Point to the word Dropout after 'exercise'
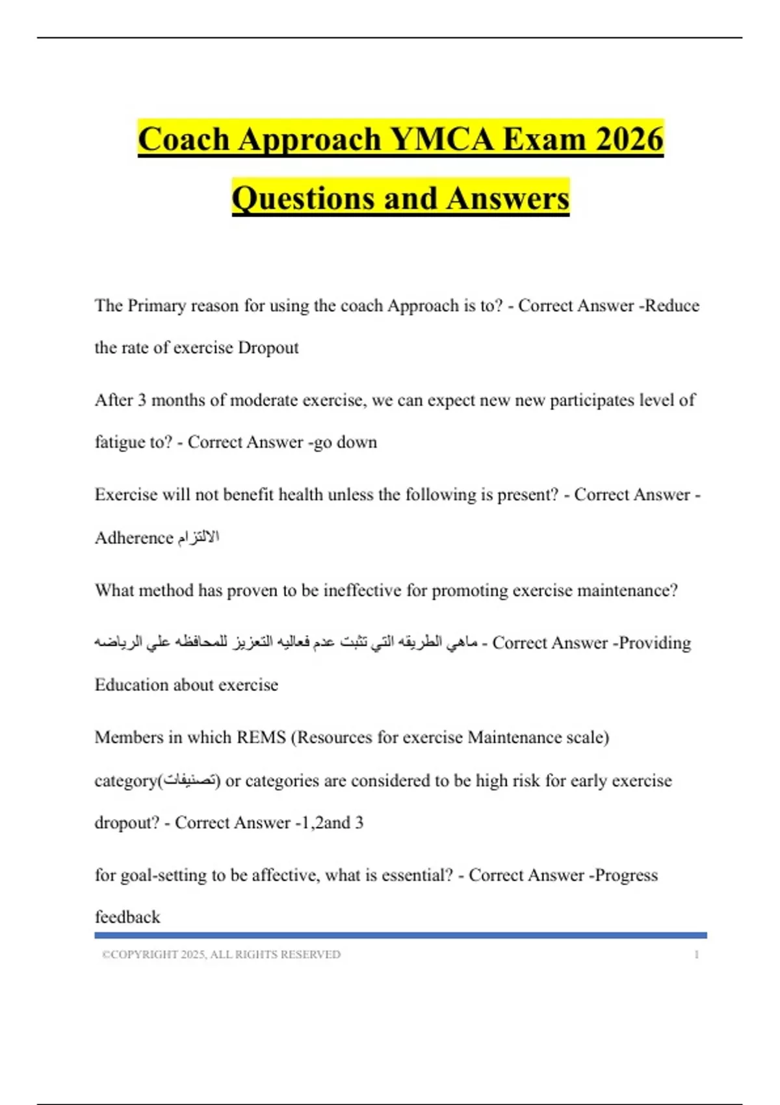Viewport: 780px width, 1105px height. coord(268,348)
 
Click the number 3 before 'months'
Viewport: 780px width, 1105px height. coord(142,400)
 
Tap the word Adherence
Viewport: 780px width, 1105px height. coord(134,538)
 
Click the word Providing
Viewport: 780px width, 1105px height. coord(655,643)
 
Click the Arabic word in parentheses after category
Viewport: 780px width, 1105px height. coord(189,780)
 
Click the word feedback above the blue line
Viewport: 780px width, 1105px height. coord(127,917)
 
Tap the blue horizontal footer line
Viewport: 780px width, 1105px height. coord(400,935)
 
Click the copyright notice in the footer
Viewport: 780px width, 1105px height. coord(221,954)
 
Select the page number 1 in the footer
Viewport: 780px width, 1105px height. coord(696,954)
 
